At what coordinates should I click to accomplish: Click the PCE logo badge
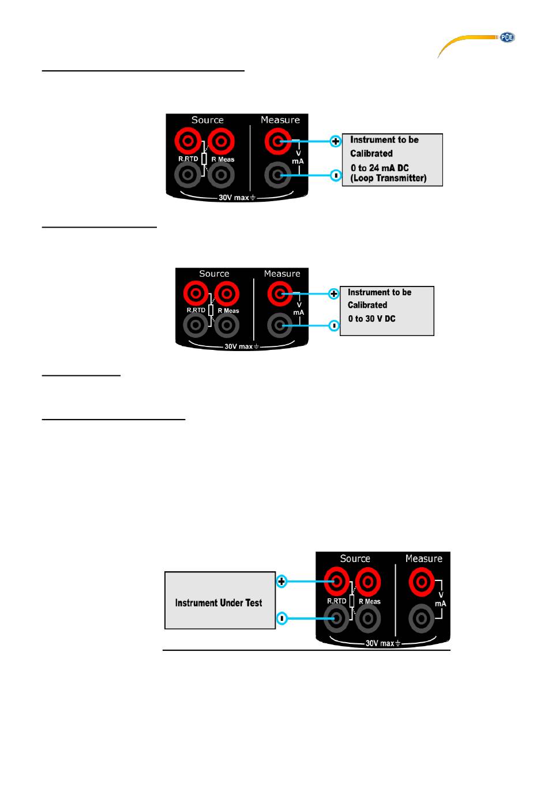pos(506,37)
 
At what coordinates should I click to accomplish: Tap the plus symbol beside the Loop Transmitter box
pos(335,141)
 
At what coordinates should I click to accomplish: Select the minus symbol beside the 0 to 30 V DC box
pos(333,325)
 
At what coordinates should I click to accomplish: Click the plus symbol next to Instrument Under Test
pos(281,581)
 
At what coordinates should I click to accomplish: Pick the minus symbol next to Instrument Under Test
pos(281,618)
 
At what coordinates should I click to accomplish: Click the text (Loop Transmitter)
pos(388,178)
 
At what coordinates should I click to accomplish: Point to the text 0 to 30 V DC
pos(371,319)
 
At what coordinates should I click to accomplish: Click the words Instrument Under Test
pos(219,603)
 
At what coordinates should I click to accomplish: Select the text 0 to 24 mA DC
pos(379,168)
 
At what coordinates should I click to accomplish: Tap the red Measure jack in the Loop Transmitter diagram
pos(277,141)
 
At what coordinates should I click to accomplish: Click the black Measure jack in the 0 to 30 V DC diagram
pos(280,325)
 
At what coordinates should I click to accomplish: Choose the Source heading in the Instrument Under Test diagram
pos(355,559)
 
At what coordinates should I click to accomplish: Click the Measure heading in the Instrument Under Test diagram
pos(424,559)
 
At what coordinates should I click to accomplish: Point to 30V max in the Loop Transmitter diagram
pos(234,197)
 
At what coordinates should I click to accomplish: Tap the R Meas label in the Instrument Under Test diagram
pos(369,601)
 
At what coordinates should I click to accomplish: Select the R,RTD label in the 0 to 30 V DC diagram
pos(196,310)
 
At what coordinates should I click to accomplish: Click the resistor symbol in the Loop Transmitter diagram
pos(204,159)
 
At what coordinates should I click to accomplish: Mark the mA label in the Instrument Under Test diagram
pos(441,604)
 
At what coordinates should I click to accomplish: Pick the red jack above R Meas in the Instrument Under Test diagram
pos(368,581)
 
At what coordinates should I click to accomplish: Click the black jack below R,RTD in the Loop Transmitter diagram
pos(187,175)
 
